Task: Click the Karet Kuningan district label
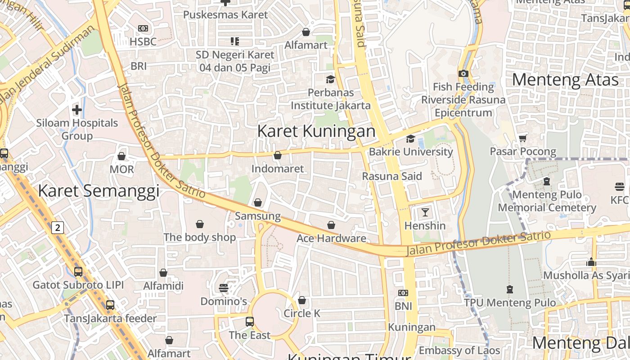point(316,131)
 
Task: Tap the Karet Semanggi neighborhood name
point(99,191)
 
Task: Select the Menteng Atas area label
point(565,80)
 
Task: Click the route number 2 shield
point(58,228)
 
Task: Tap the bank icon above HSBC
point(143,28)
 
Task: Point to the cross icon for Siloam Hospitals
point(77,109)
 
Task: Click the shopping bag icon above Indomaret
point(278,155)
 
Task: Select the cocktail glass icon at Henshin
point(425,212)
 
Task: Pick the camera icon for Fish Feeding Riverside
point(463,73)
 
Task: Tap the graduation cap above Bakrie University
point(410,139)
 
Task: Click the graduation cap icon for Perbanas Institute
point(330,79)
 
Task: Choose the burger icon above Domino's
point(224,288)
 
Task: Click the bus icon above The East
point(250,322)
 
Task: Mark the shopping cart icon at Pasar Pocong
point(522,138)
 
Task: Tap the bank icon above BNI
point(403,293)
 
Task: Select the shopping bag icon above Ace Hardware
point(331,225)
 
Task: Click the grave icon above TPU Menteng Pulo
point(510,289)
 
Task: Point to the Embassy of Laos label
point(459,350)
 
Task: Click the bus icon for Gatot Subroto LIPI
point(78,272)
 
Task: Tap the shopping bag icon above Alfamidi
point(163,273)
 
